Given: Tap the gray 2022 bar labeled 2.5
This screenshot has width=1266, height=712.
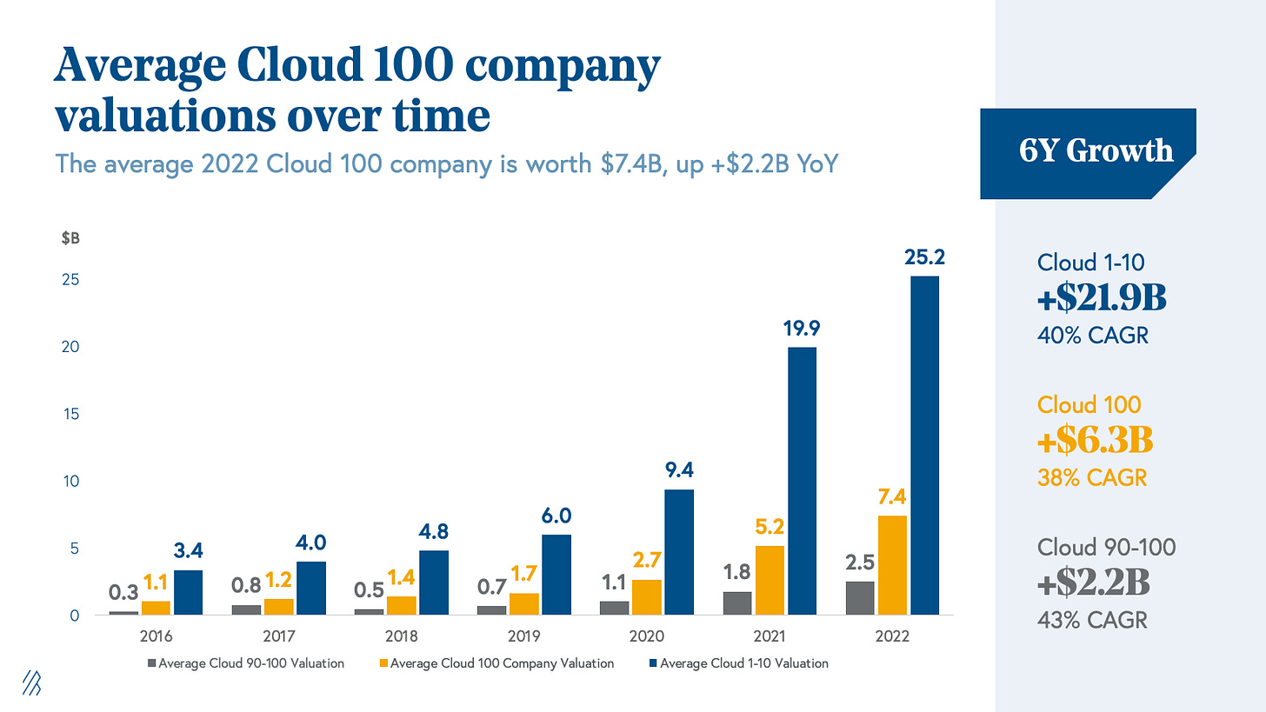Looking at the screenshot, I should (x=859, y=598).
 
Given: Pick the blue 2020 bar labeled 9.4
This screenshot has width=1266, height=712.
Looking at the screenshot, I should (x=679, y=552).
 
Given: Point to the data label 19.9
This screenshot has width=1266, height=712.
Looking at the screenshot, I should (x=801, y=329).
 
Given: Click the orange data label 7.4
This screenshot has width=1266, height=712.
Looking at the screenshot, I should (x=892, y=496).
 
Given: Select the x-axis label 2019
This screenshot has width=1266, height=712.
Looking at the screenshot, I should (x=523, y=635).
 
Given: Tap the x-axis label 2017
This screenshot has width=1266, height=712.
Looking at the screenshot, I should (x=278, y=635).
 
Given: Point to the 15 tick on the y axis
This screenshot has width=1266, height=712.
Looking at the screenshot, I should (x=71, y=414).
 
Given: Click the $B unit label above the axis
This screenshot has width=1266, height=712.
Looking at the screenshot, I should (x=70, y=239).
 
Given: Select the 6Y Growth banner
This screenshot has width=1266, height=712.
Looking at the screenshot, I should (x=1096, y=152).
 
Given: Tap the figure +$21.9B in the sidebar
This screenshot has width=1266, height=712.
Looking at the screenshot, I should (x=1102, y=298).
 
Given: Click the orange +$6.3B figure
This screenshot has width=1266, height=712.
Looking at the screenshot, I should (x=1095, y=441).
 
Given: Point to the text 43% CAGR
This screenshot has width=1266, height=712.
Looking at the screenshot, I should (x=1092, y=620).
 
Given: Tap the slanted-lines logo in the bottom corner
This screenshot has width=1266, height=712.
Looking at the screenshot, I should (x=31, y=683).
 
